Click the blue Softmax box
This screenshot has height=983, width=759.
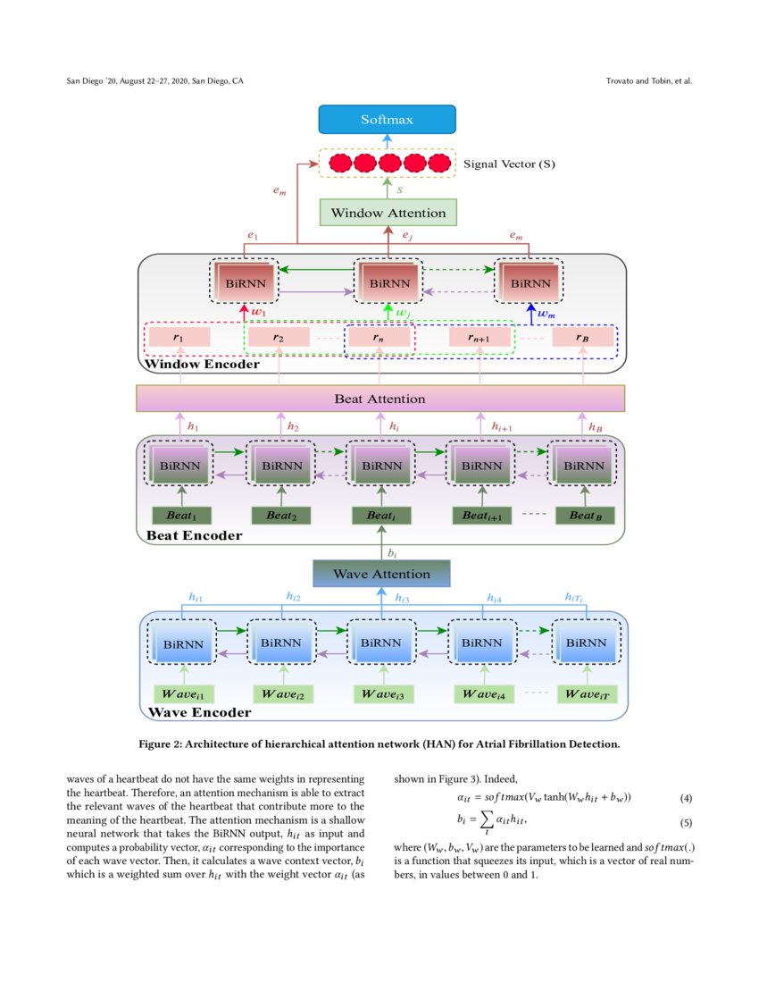point(387,120)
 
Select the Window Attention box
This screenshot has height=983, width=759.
point(388,213)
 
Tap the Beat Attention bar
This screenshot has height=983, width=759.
point(379,399)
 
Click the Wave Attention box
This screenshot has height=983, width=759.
point(381,574)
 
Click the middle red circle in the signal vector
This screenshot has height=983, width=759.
point(388,164)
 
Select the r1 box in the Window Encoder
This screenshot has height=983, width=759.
point(179,338)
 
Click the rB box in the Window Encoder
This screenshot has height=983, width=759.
point(582,338)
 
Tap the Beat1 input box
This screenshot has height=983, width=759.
point(181,516)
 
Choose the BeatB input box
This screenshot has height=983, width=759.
point(585,516)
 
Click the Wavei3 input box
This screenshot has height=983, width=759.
point(383,693)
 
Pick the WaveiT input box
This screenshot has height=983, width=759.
point(587,693)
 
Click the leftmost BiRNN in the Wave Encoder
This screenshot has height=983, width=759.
point(181,643)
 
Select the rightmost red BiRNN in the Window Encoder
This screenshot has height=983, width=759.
point(530,282)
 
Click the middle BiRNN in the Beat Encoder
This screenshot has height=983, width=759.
point(382,465)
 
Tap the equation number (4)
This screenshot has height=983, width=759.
point(686,797)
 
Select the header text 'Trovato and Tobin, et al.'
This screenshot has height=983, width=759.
point(648,81)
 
